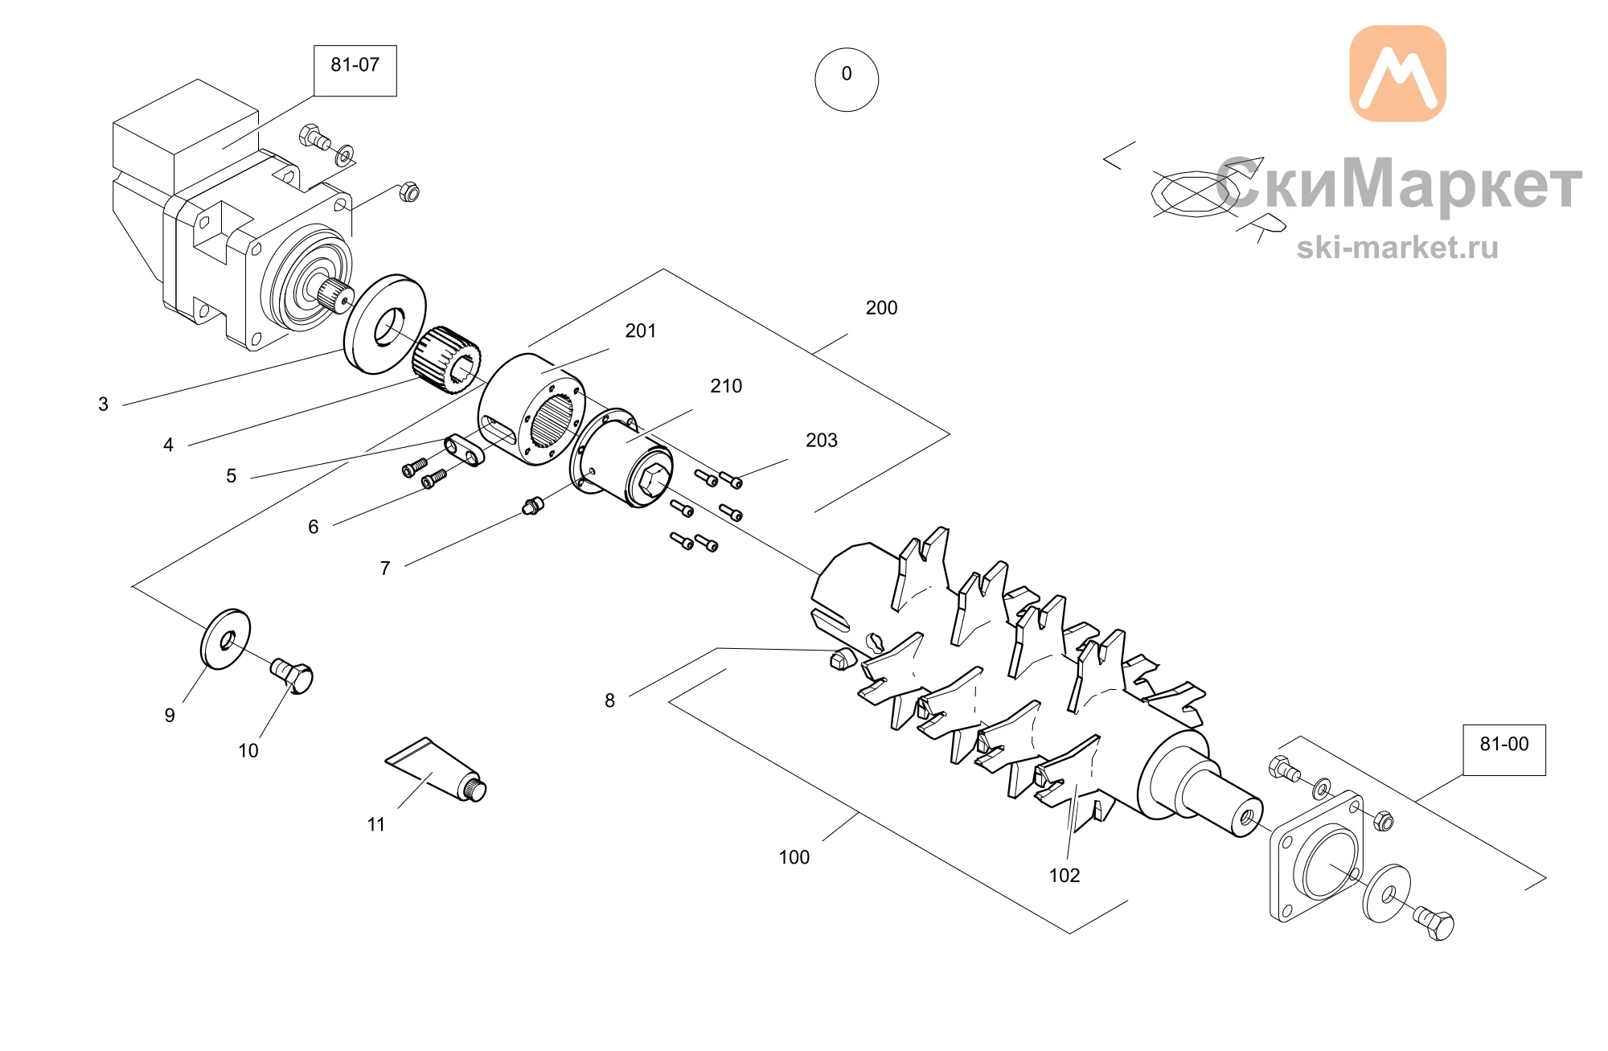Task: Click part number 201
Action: pyautogui.click(x=641, y=330)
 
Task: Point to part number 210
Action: pyautogui.click(x=726, y=386)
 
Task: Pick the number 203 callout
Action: pyautogui.click(x=822, y=440)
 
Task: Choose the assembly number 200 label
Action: pyautogui.click(x=881, y=308)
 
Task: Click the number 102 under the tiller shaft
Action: pyautogui.click(x=1064, y=876)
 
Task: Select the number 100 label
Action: pyautogui.click(x=794, y=857)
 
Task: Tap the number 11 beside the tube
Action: pyautogui.click(x=376, y=824)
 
